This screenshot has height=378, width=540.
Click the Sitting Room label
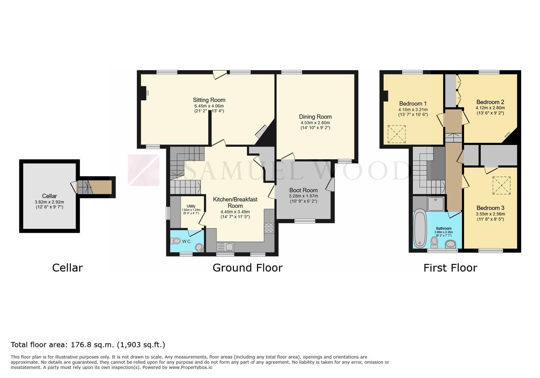[209, 100]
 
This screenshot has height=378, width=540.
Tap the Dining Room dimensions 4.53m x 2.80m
[315, 122]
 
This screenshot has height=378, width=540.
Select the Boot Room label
[304, 190]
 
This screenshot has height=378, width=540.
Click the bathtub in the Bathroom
[419, 228]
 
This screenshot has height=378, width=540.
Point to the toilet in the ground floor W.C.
[176, 240]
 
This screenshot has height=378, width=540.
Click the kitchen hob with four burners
[269, 228]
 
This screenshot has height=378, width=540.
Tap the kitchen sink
[225, 247]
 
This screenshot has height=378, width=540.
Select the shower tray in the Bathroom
[436, 204]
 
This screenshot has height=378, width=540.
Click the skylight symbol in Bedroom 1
[397, 134]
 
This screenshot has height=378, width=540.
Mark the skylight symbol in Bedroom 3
[502, 185]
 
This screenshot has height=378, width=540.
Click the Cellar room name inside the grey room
[49, 196]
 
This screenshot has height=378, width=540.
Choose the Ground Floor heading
[248, 268]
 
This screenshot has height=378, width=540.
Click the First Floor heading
[450, 268]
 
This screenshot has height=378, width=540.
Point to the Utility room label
[191, 206]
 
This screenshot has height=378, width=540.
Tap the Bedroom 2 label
[490, 102]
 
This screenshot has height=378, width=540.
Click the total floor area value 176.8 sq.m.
[92, 345]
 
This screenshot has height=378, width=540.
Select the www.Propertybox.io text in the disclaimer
[191, 367]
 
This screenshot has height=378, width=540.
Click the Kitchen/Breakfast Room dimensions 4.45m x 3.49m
[235, 212]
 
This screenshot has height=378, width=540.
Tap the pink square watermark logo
[144, 170]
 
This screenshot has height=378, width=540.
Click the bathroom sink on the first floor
[450, 244]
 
